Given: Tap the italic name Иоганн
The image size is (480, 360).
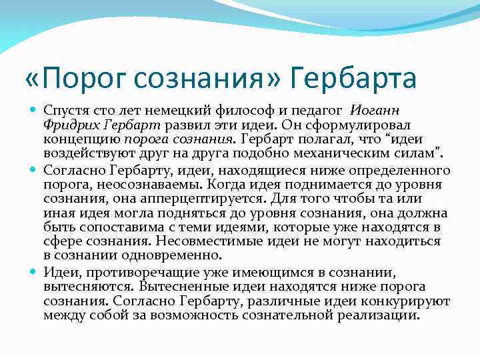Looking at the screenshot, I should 375,111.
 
